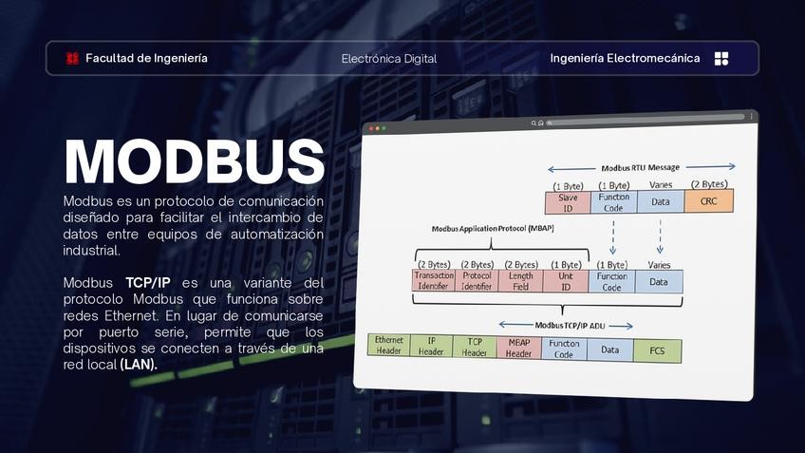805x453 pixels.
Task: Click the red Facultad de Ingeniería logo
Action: point(72,58)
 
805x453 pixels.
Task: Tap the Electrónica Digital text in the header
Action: point(389,59)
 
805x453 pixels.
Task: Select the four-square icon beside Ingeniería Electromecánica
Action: point(721,58)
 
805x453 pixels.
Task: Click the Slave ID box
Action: point(568,201)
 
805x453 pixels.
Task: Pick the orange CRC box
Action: point(709,201)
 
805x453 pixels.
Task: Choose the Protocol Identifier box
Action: point(477,280)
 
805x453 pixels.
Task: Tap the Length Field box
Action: point(521,280)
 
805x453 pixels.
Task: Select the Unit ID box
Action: point(566,280)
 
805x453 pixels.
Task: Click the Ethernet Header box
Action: point(388,345)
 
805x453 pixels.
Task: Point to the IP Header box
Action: point(431,347)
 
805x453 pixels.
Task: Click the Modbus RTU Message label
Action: point(640,167)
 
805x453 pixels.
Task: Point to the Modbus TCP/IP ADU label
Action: point(569,325)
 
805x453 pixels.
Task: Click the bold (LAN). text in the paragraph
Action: point(139,364)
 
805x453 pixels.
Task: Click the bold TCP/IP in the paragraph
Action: point(147,283)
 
